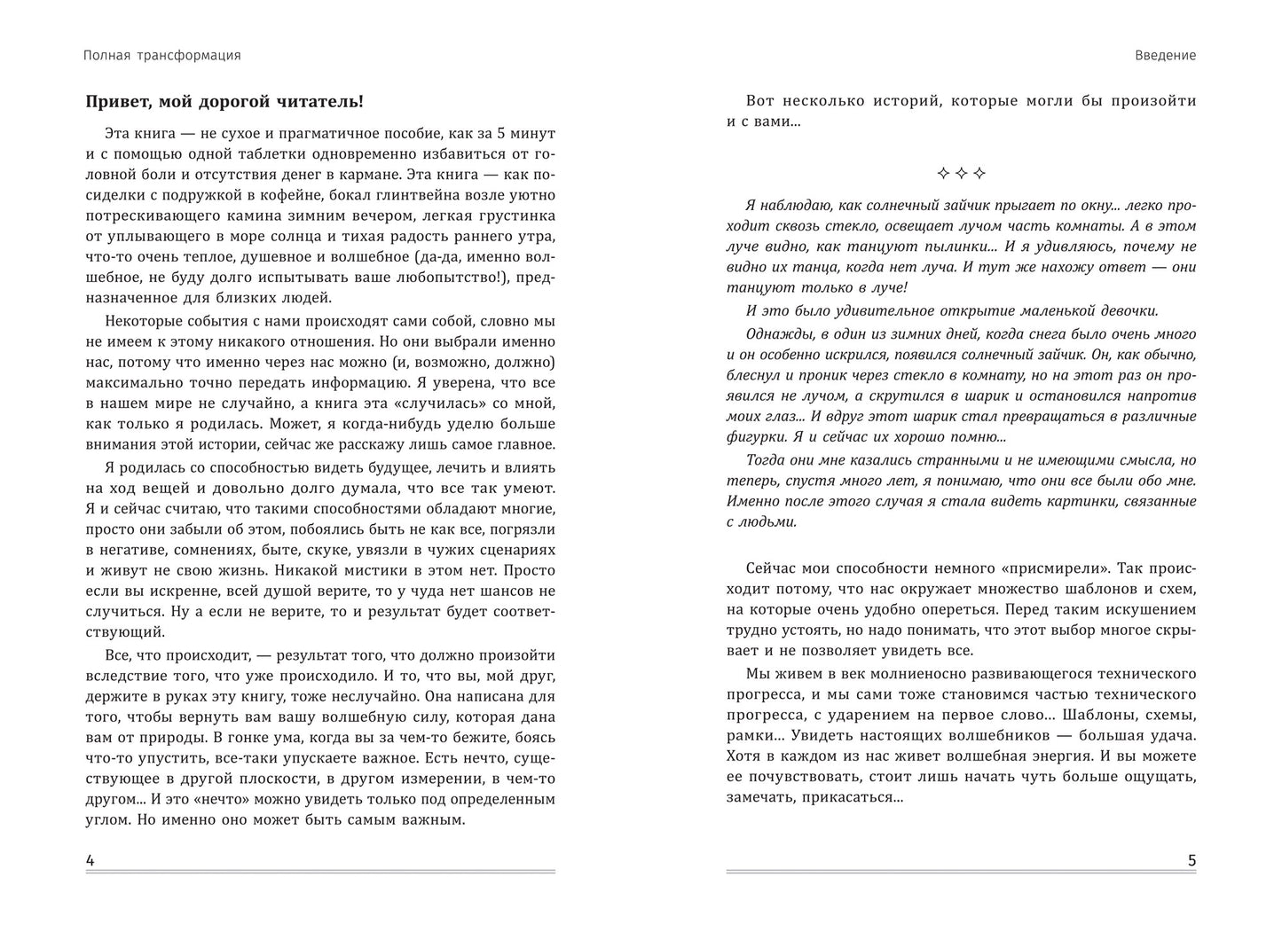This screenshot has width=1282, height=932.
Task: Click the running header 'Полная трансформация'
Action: [161, 55]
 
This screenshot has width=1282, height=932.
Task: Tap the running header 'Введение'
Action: [1165, 55]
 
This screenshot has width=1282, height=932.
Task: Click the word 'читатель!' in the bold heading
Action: [320, 101]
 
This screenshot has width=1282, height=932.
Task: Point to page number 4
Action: [90, 860]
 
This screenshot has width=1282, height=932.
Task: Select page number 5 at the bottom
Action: [1192, 860]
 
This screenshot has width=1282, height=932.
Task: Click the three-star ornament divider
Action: [961, 173]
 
